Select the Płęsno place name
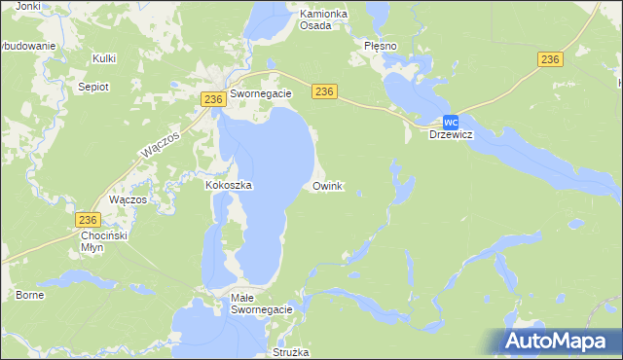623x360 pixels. click(x=382, y=45)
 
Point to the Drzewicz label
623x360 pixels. click(x=451, y=134)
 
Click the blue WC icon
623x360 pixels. click(x=450, y=122)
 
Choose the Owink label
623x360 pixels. click(x=327, y=185)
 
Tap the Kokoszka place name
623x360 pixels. click(x=229, y=185)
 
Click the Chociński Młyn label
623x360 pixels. click(x=105, y=241)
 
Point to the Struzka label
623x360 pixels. click(x=291, y=351)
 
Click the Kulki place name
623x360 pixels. click(x=104, y=58)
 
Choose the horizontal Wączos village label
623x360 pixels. click(x=128, y=198)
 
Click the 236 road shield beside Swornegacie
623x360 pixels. click(x=214, y=99)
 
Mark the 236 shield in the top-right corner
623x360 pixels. click(x=550, y=60)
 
